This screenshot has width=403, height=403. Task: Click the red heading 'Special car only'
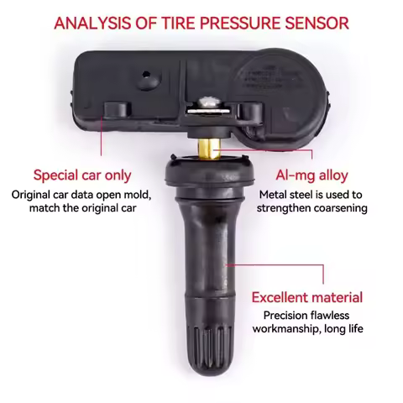81,175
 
